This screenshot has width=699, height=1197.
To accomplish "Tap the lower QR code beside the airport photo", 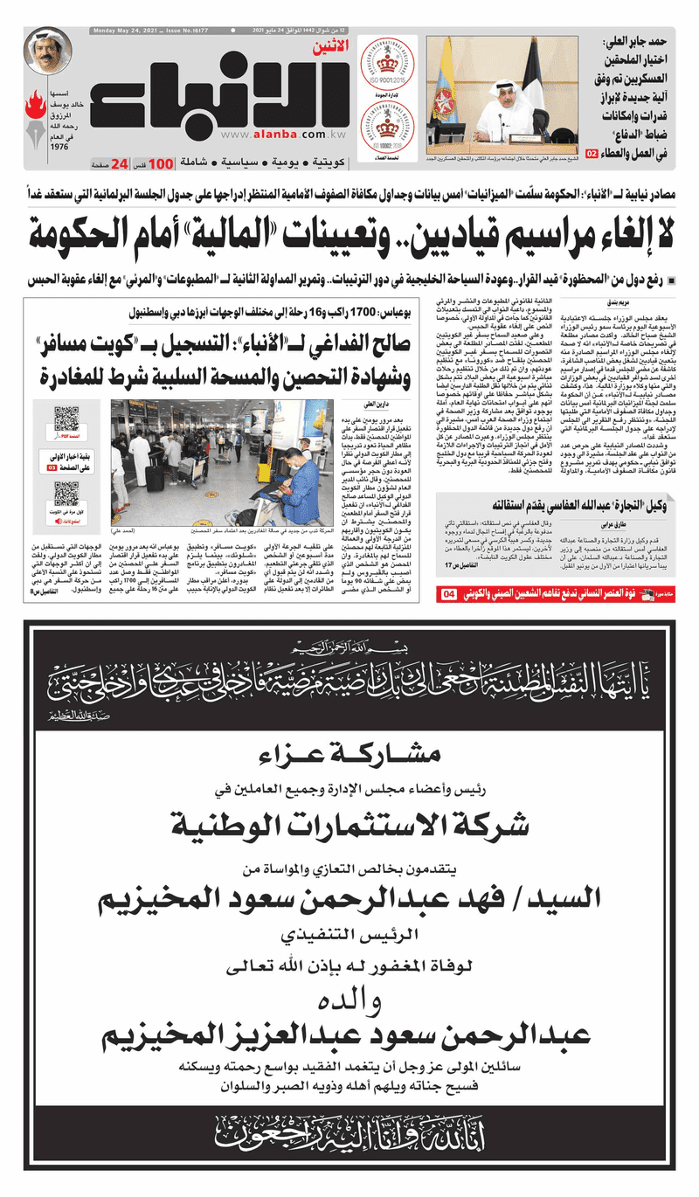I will [67, 495].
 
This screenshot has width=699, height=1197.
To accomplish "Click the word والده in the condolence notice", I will [349, 1000].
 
